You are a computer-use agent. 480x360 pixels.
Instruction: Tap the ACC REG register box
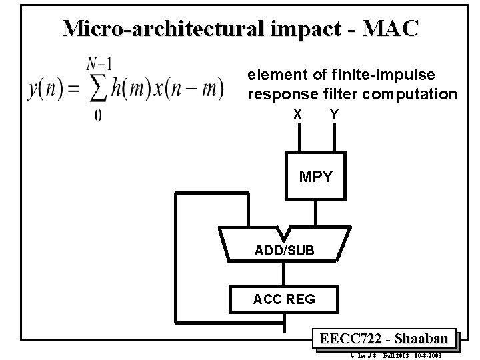point(283,299)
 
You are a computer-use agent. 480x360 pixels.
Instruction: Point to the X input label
point(297,115)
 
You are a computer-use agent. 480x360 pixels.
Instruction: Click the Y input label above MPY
point(334,115)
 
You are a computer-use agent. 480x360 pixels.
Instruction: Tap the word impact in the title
point(299,28)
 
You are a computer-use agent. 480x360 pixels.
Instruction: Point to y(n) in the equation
point(45,89)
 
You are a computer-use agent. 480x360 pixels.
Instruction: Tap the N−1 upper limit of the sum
point(98,64)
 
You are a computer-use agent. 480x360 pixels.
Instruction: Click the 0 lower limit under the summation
point(98,116)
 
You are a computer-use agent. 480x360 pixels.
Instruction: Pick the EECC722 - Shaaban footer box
point(385,337)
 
